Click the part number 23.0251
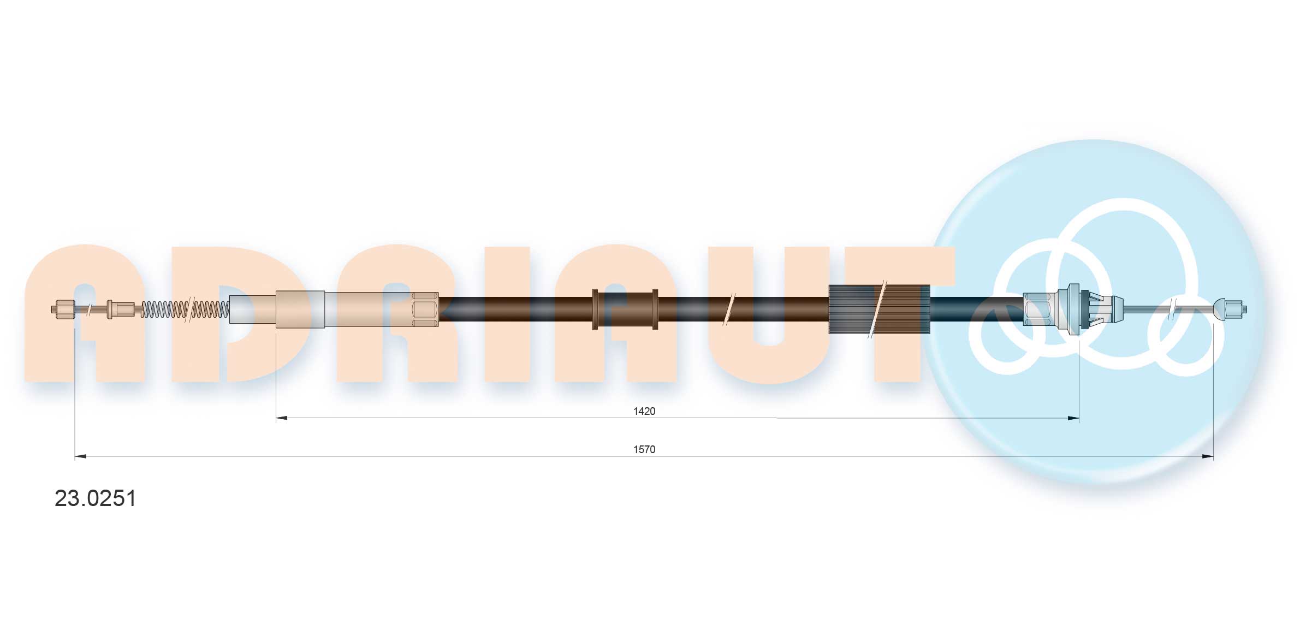coord(95,498)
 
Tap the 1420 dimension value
coord(644,411)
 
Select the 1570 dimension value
coord(644,449)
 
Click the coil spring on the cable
coord(185,309)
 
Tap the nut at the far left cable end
coord(64,309)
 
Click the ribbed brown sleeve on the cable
coord(878,309)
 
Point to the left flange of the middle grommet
coord(595,309)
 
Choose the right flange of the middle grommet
coord(655,309)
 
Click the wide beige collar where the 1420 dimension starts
coord(300,309)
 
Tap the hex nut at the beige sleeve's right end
coord(425,309)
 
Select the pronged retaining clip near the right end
coord(1100,309)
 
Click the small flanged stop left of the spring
coord(111,309)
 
